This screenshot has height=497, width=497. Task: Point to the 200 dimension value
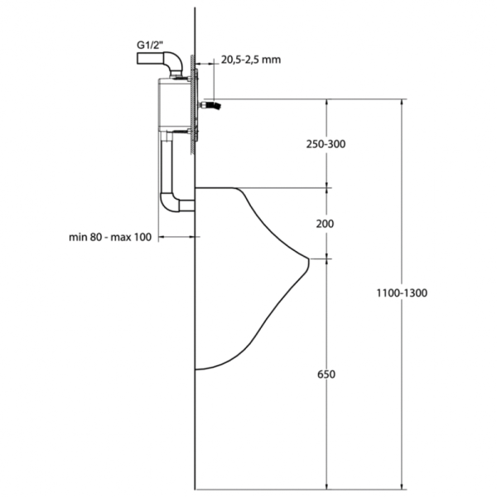326,224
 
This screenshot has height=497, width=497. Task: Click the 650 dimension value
326,374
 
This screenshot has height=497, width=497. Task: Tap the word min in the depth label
79,238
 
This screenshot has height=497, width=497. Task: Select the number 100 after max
142,238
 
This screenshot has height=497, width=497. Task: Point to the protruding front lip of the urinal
308,260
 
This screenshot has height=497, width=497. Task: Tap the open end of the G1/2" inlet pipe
136,60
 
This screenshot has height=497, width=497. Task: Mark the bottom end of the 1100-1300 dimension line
403,486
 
